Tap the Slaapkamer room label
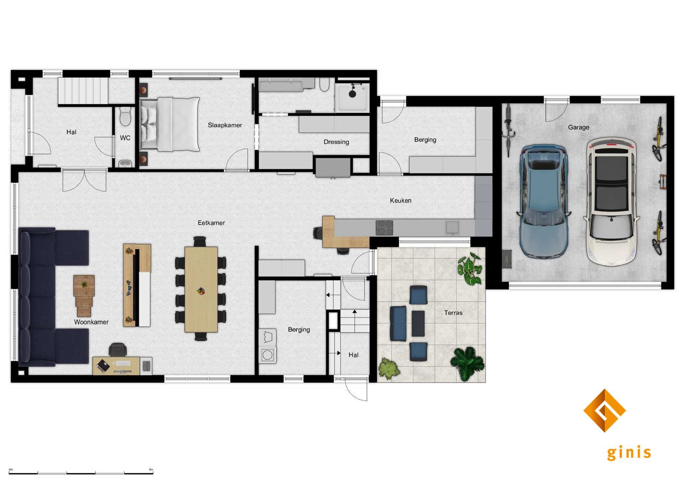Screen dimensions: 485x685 225,125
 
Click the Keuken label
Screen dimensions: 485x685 400,201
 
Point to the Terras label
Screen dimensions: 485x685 453,313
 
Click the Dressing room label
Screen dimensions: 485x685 336,142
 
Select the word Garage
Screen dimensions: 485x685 578,127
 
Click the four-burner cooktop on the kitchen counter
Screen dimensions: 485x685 384,228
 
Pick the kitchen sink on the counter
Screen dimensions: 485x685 452,227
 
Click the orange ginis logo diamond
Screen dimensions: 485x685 604,410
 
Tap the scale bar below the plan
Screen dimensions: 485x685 81,473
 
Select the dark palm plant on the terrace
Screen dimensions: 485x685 468,363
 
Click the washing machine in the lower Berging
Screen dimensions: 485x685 268,355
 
